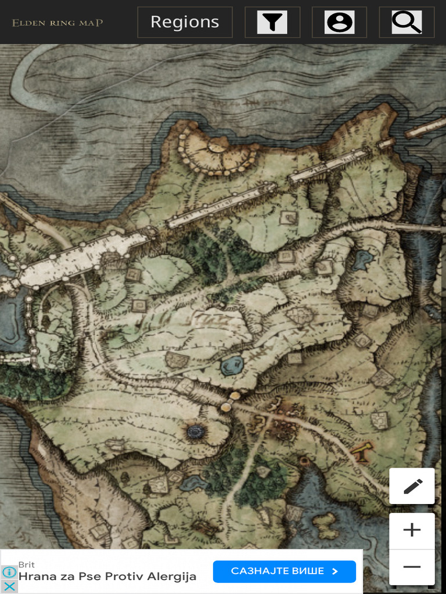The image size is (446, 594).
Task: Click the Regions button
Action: click(x=185, y=22)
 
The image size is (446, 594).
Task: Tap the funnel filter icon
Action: click(x=272, y=22)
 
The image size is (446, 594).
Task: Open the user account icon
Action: click(x=340, y=22)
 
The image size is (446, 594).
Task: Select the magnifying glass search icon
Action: click(x=407, y=22)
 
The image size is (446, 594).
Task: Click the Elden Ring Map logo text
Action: click(x=57, y=23)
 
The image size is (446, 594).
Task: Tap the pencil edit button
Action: click(x=412, y=486)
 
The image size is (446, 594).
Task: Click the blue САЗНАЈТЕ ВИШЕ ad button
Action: click(x=284, y=571)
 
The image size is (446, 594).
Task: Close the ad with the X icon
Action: click(x=9, y=586)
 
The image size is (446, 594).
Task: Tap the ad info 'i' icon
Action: click(x=9, y=572)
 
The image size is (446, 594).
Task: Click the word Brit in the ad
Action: click(x=27, y=564)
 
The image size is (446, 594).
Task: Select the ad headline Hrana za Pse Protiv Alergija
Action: click(x=107, y=577)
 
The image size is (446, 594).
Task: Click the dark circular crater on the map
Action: click(x=196, y=431)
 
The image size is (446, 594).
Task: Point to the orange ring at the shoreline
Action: click(x=303, y=461)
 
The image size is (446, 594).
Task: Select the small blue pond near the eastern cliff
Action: click(x=364, y=259)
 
